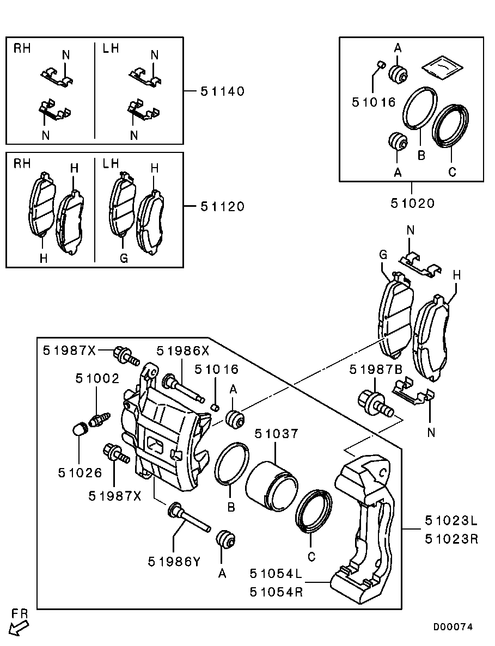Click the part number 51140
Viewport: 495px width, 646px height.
coord(222,91)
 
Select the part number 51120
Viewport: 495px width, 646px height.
coord(222,207)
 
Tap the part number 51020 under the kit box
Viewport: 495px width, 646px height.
coord(412,204)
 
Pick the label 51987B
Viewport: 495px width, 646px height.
coord(376,370)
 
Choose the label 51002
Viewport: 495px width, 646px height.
coord(97,378)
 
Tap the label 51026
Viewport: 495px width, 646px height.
coord(80,473)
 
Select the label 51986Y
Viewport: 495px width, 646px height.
coord(174,561)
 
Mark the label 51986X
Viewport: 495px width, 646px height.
coord(182,351)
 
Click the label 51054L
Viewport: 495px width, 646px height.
coord(276,573)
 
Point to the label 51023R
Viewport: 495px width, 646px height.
coord(451,539)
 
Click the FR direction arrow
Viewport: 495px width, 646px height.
coord(18,627)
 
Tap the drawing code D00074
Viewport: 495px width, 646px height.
coord(453,627)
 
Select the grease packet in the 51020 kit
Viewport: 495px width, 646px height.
coord(443,66)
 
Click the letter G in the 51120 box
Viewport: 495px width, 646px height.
coord(124,259)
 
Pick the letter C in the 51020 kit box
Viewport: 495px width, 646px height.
coord(451,172)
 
